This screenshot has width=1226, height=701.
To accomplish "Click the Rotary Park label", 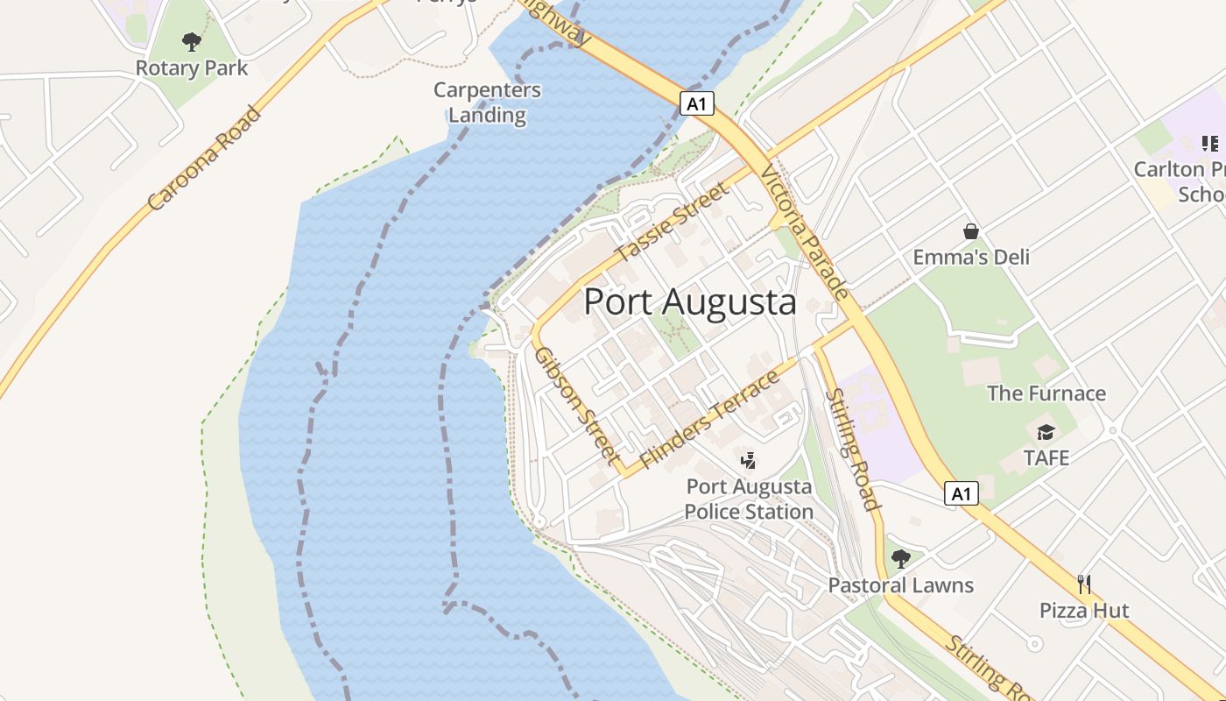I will coord(192,68).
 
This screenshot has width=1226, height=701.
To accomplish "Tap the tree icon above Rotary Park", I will coord(192,41).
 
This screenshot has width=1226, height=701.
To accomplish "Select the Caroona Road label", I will coord(204,159).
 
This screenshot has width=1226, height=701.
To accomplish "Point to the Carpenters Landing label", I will coord(488,103).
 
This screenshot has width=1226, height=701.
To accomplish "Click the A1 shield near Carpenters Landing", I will coord(697,104).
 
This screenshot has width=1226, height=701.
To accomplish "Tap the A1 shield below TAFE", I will coord(962,494).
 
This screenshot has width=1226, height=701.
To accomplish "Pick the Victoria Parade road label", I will coord(805,232).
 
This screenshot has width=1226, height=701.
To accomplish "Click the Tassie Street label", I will coord(672,223).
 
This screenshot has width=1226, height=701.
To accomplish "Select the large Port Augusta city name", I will coord(689,302).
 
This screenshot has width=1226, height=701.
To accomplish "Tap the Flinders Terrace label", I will coord(709,420).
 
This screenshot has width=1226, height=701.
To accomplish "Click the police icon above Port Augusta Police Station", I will coord(749,460).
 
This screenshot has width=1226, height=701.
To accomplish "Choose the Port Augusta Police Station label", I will coord(749,499).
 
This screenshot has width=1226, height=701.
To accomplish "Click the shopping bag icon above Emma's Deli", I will coord(971,231).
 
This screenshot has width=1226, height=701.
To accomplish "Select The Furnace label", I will coord(1046,393).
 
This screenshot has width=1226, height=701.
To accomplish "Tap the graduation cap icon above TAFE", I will coord(1046,432).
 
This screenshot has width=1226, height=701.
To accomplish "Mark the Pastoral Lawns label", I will coord(901,585).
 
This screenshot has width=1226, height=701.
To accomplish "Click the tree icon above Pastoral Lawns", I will coord(900,558).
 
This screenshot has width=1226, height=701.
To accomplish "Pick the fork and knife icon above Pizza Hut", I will coord(1084,584).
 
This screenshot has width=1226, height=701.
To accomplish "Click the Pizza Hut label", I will coord(1084,611).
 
